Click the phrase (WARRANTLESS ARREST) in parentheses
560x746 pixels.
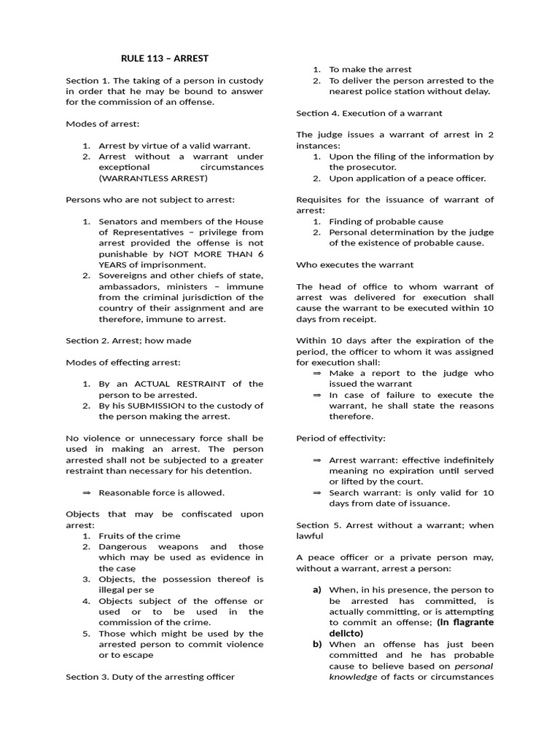point(153,178)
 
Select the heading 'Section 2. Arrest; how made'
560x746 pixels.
point(128,340)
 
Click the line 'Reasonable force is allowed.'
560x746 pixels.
point(161,492)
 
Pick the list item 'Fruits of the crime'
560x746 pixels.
point(139,536)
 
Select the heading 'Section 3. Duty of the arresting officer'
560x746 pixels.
point(150,677)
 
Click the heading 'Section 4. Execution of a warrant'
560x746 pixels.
point(369,113)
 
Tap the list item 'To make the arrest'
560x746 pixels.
point(370,69)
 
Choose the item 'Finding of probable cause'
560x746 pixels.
point(386,221)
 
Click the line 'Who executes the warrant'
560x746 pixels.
point(354,264)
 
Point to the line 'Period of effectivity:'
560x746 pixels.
point(341,439)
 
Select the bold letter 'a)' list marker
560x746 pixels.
point(317,590)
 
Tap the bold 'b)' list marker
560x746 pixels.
point(317,645)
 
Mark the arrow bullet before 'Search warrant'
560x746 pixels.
point(317,493)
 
